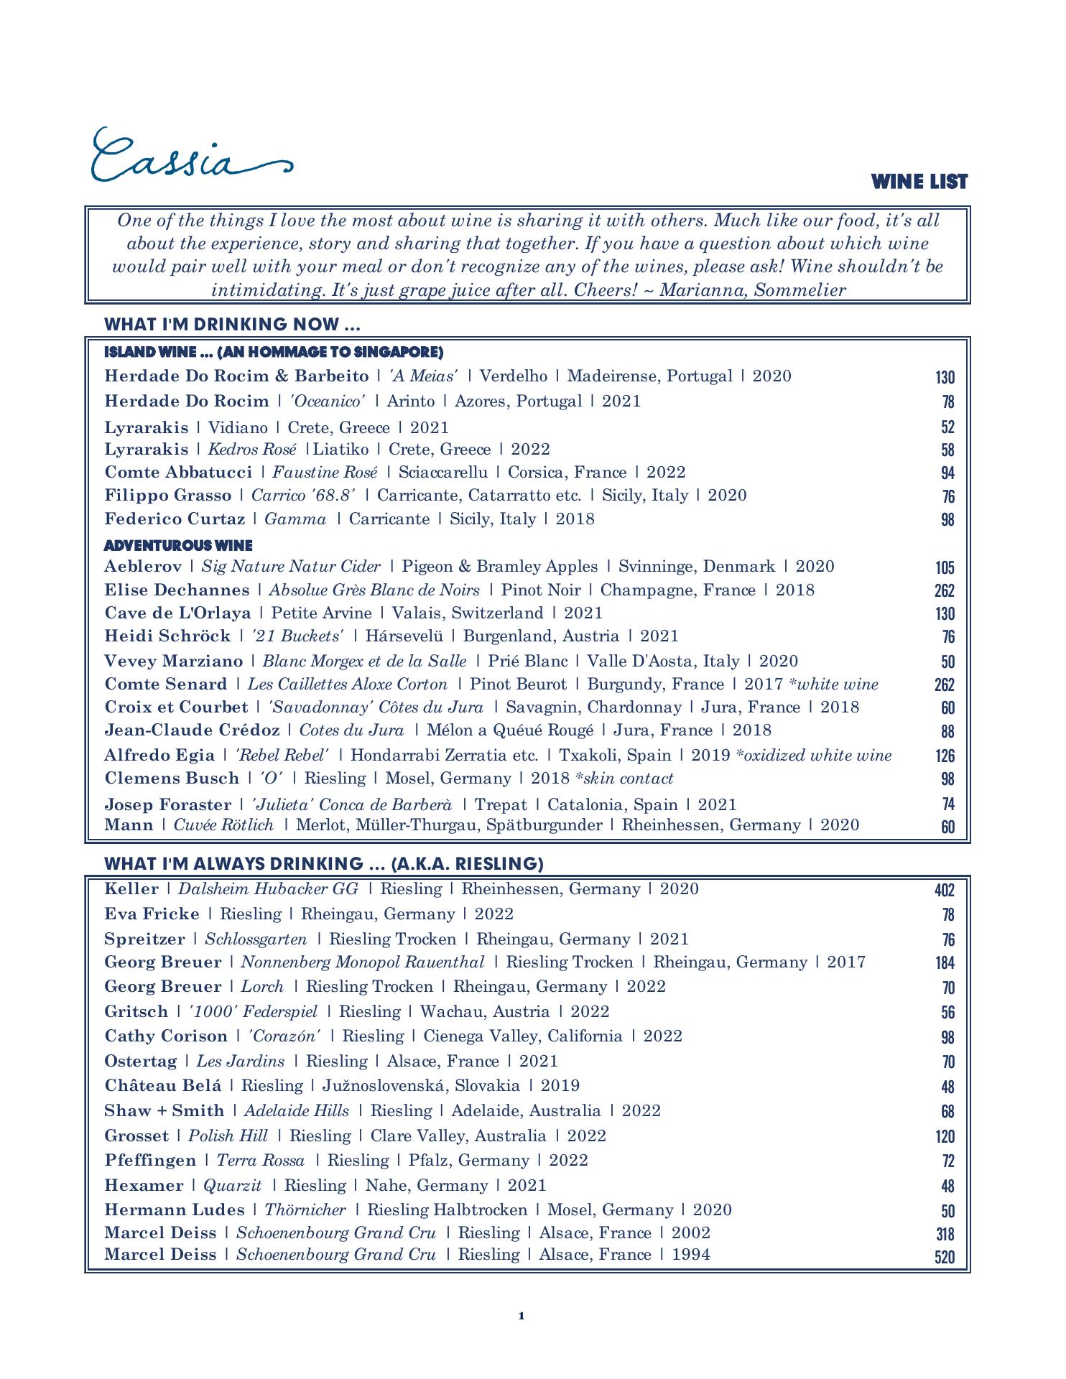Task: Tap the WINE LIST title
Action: (919, 182)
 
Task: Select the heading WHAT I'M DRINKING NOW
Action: (232, 324)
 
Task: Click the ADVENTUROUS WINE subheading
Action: (178, 546)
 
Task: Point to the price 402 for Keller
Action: (944, 891)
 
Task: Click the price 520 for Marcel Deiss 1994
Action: (944, 1258)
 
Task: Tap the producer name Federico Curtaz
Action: (175, 519)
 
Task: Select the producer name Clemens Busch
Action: (172, 779)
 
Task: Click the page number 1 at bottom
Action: (522, 1316)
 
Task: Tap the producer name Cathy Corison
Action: (166, 1036)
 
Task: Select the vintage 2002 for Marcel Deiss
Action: (691, 1233)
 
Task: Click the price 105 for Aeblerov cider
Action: (945, 568)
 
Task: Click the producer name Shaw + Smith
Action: (164, 1111)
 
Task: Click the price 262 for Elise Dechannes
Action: (944, 591)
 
